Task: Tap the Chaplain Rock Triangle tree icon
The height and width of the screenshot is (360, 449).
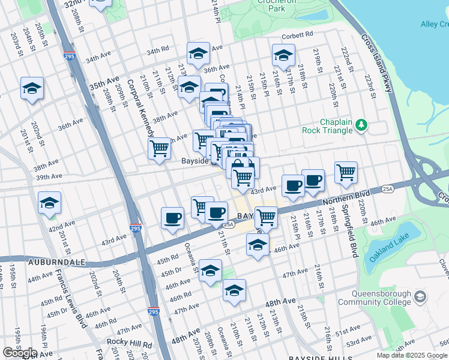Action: tap(361, 125)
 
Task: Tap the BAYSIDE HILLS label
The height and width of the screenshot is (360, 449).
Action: tap(315, 358)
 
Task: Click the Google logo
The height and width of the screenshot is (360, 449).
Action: tap(20, 353)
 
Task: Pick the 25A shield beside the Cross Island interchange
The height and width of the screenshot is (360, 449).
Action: tap(388, 190)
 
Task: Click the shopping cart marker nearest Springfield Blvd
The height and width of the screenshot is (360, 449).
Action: tap(346, 173)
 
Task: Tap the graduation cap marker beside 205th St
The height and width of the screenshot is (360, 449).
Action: tap(32, 89)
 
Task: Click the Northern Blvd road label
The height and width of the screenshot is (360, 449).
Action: tap(348, 200)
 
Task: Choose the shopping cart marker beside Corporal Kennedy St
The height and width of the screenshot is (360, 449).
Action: tap(159, 148)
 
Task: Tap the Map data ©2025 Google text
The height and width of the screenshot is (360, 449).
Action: tap(412, 355)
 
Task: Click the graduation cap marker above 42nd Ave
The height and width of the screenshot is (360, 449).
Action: tap(49, 203)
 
